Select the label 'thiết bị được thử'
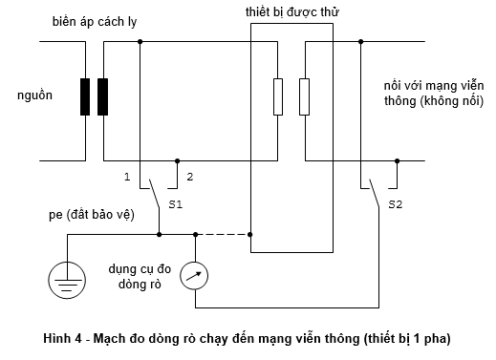291,11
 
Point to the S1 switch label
174,204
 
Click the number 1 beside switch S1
126,177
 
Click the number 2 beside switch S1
190,177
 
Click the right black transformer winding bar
103,97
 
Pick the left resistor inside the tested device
278,96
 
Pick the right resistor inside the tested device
304,96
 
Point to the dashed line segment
223,233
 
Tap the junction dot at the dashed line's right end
250,233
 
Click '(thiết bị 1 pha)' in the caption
400,339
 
